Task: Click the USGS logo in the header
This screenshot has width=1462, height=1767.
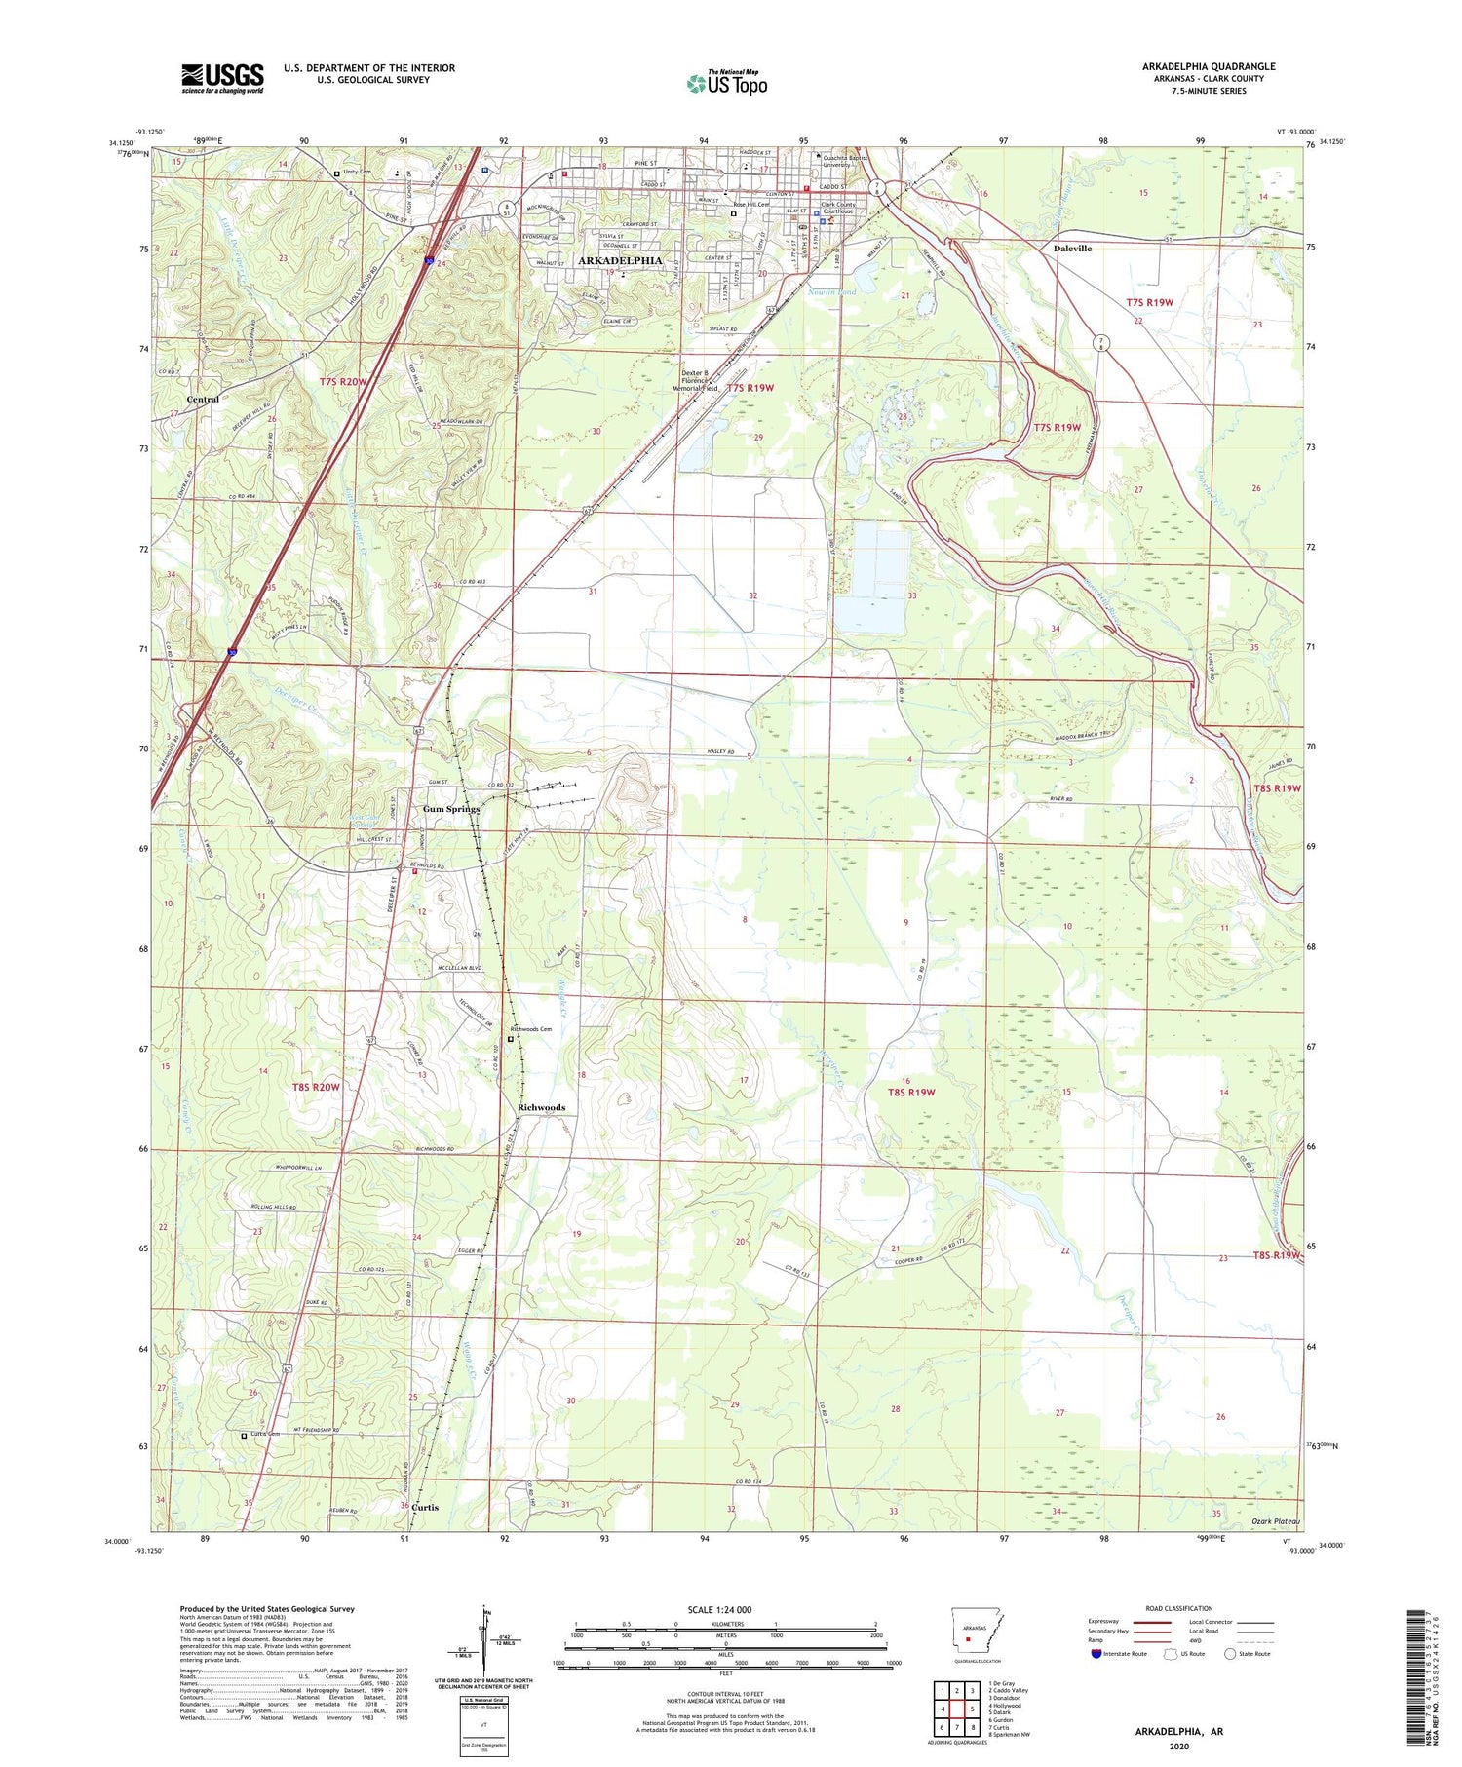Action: click(222, 78)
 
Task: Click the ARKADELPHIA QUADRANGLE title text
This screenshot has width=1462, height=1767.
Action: click(1208, 66)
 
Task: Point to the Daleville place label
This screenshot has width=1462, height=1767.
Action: click(1072, 249)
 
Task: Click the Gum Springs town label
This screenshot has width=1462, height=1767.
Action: click(450, 809)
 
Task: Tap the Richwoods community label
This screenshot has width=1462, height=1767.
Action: click(541, 1107)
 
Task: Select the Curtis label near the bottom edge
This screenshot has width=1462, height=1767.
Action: click(425, 1507)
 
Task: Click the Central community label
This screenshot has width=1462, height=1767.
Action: click(203, 400)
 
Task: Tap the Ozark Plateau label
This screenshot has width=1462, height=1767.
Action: click(1275, 1521)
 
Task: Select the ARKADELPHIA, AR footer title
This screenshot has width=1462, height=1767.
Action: click(1178, 1732)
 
